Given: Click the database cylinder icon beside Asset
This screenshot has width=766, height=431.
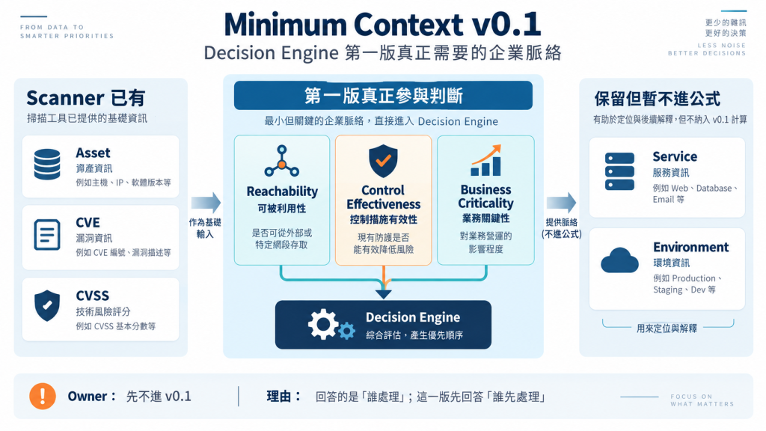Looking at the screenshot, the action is pos(47,164).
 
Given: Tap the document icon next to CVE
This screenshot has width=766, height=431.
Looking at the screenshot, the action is pos(47,235).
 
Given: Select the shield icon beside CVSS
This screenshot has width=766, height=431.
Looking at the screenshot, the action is pos(47,305).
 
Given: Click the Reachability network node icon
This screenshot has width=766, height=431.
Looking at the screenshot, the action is pos(282,161).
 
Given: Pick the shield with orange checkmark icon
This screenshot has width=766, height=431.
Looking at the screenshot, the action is pos(384,161).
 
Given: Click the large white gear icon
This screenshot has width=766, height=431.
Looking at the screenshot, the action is pos(322,325).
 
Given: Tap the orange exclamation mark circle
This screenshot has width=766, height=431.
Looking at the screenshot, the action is pos(43,396).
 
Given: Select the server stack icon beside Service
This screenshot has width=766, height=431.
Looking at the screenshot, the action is pos(619,171).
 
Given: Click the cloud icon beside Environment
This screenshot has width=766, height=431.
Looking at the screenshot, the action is pos(619,260).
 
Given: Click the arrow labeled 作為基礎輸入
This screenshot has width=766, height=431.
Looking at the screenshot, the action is pos(206,202).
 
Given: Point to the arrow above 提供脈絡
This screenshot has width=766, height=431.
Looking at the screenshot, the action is pos(561,202).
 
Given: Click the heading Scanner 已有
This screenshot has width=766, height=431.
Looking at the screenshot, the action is pos(86,98).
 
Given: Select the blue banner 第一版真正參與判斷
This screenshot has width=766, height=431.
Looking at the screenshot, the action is pos(383,95).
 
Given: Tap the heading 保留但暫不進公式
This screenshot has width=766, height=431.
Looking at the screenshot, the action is pos(657,99).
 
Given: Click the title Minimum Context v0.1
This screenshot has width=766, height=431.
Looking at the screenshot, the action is pos(382,25).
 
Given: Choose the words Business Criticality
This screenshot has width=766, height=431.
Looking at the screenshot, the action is pos(485,197).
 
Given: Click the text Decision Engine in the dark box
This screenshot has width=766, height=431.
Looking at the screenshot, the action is pos(413,317).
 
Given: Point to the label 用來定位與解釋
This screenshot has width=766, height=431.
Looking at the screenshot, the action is pos(667,328).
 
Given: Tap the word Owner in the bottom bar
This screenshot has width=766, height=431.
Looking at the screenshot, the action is pos(88,397).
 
